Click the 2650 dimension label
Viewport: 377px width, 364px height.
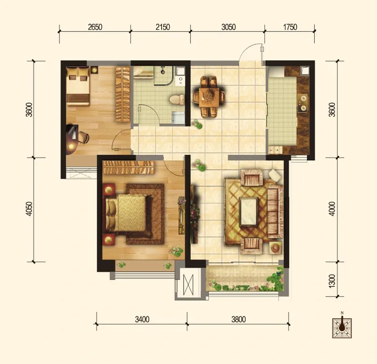click(x=95, y=27)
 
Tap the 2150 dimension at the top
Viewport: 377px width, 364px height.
click(x=163, y=27)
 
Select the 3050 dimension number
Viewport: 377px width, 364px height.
click(x=229, y=27)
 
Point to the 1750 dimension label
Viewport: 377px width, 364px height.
click(x=290, y=27)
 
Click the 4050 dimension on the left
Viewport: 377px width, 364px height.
click(x=29, y=208)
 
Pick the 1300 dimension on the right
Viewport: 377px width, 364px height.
click(x=332, y=281)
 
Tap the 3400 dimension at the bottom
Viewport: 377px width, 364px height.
click(x=142, y=319)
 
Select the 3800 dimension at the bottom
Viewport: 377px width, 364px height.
click(x=238, y=319)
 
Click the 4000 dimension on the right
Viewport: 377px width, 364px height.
click(x=332, y=208)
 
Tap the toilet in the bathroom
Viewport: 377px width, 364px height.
click(x=177, y=99)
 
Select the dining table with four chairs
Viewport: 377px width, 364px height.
click(x=209, y=97)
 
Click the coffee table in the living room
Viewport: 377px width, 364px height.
click(x=249, y=212)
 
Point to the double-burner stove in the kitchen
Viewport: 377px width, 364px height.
click(x=303, y=103)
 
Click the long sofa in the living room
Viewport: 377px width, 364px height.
click(x=275, y=211)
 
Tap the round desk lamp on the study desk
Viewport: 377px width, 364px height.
click(x=72, y=146)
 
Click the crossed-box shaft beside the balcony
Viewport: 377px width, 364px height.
click(x=188, y=285)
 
